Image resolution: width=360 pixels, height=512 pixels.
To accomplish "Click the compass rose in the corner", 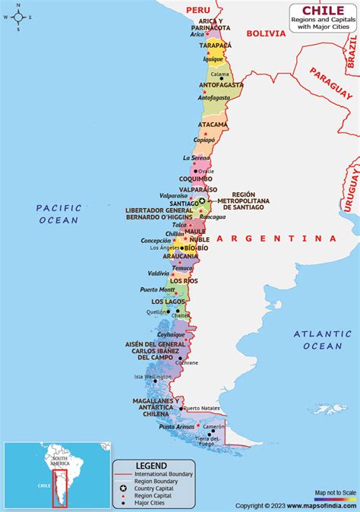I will tap(17, 16).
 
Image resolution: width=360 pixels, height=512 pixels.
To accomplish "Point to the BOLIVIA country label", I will tap(265, 33).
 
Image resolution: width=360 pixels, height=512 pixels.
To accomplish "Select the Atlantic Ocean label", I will tap(323, 340).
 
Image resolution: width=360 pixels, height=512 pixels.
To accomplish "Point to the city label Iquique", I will tap(213, 58).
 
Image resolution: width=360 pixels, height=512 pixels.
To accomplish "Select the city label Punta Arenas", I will tap(176, 426).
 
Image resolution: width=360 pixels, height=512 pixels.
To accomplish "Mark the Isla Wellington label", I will tap(154, 376).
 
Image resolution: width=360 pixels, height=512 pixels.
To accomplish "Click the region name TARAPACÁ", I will tap(215, 46).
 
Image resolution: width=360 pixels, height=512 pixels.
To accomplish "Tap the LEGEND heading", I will tap(135, 464).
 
